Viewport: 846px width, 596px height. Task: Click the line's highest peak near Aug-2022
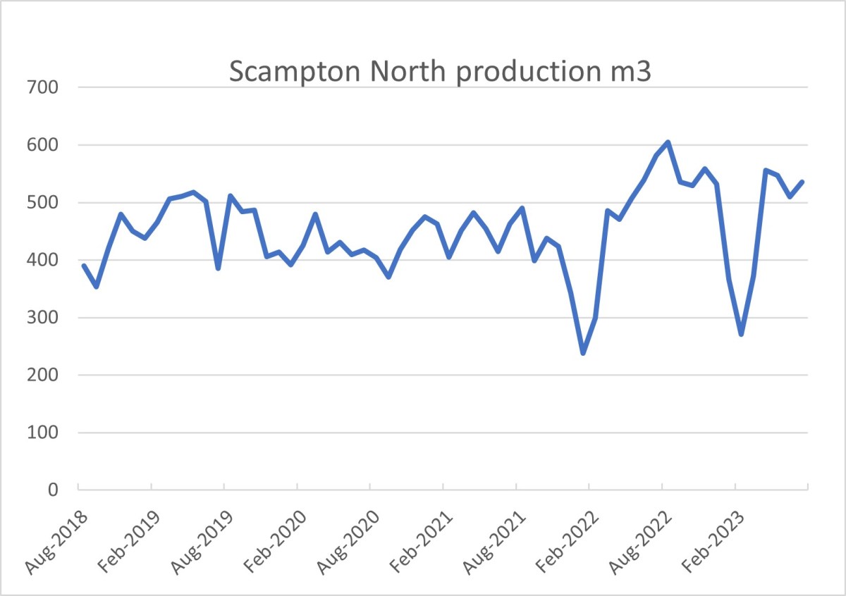pyautogui.click(x=668, y=142)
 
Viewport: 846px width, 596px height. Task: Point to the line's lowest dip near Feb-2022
pyautogui.click(x=583, y=352)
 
